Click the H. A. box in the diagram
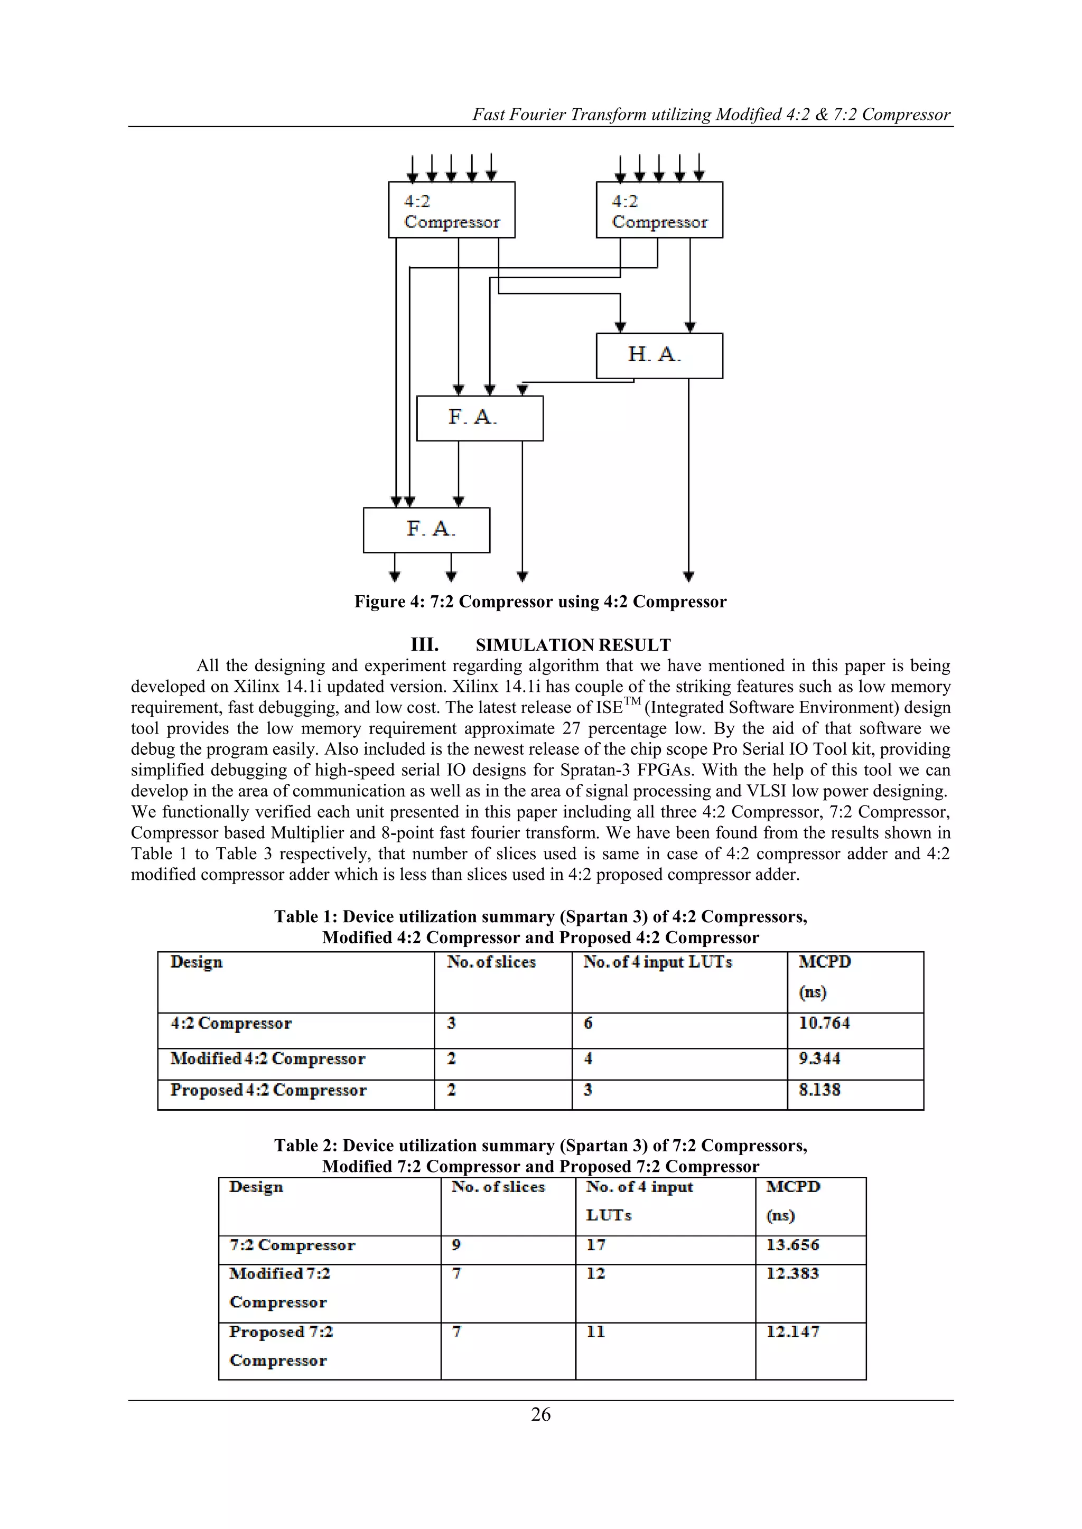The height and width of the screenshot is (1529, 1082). pos(659,355)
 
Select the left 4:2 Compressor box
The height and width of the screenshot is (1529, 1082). pos(452,210)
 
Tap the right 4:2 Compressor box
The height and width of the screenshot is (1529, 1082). pos(659,210)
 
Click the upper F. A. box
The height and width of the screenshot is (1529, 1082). pos(480,418)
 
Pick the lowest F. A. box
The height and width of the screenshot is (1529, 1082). pos(426,530)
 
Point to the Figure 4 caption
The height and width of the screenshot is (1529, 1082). pos(540,602)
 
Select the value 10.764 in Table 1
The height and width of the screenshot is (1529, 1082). pos(824,1023)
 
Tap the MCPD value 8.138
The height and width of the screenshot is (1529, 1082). pos(819,1090)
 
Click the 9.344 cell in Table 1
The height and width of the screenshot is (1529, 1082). pos(819,1058)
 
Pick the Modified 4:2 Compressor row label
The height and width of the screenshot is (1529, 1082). pos(268,1058)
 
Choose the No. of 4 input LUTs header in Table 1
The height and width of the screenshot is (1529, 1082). pos(658,962)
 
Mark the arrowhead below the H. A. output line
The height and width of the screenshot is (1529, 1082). pos(689,576)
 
